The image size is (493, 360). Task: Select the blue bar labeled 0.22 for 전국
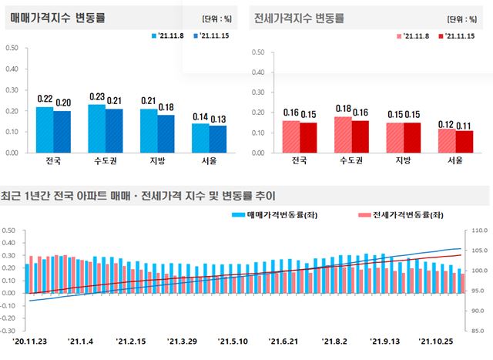(45, 130)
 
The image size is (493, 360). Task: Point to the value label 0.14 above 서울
(200, 117)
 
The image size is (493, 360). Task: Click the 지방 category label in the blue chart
(157, 162)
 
